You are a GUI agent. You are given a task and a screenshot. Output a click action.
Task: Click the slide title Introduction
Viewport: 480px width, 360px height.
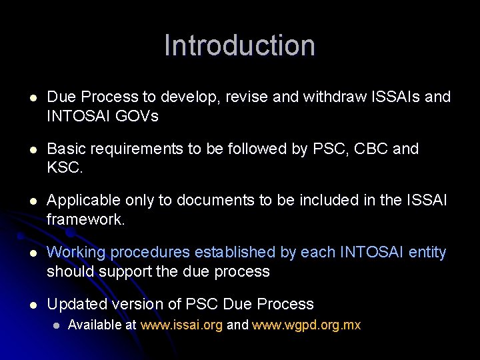click(x=239, y=45)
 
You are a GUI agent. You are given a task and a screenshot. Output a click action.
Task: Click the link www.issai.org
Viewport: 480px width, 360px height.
click(x=181, y=325)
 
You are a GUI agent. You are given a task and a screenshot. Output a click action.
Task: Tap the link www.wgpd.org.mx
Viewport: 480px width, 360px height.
click(x=306, y=325)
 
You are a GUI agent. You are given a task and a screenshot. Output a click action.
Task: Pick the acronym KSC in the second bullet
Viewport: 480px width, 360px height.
click(x=64, y=168)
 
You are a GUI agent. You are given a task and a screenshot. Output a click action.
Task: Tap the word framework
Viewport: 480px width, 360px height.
click(x=85, y=220)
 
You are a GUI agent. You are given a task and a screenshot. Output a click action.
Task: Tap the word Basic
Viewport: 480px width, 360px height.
click(x=65, y=149)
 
